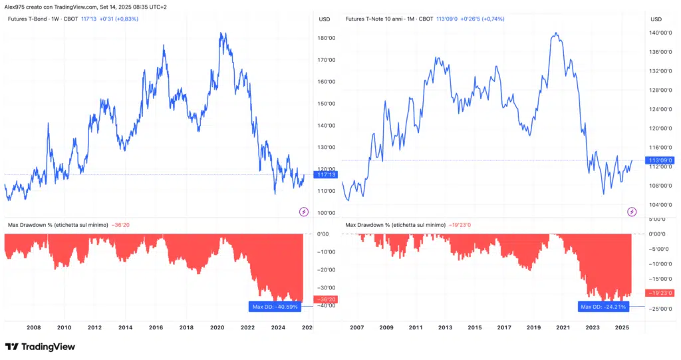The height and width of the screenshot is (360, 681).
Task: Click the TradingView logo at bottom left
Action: pyautogui.click(x=40, y=347)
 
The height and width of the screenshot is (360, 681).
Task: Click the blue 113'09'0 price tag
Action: pyautogui.click(x=660, y=160)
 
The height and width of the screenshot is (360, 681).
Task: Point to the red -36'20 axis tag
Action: pyautogui.click(x=328, y=299)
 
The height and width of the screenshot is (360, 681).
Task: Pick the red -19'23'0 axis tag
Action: pyautogui.click(x=660, y=293)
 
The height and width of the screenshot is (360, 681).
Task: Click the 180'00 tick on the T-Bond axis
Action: pyautogui.click(x=327, y=38)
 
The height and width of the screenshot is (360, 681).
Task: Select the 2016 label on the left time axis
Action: pyautogui.click(x=156, y=327)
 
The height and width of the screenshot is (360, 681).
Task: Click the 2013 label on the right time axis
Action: pyautogui.click(x=445, y=327)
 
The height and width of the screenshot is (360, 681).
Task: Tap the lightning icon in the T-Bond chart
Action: pyautogui.click(x=304, y=212)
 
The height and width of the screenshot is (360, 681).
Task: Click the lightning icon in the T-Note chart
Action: pyautogui.click(x=632, y=212)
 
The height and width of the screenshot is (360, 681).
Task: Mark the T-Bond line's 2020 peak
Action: pyautogui.click(x=221, y=33)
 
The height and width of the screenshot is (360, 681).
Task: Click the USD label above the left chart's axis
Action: pyautogui.click(x=325, y=19)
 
